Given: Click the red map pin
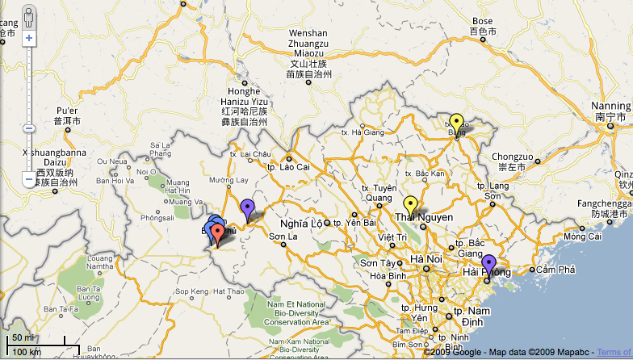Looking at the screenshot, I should pos(217,230).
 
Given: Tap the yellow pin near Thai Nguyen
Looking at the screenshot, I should pos(410,205).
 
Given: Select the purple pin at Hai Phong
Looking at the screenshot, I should pos(488,263).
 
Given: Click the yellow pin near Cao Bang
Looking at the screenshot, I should pos(456,123).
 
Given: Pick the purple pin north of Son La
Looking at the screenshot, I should pos(247,208).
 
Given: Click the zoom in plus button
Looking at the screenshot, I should pos(29,38).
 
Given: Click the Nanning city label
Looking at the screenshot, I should pos(610,107).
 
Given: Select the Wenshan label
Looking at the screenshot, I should pos(308,33).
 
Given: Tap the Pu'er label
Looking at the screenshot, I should pos(67,111).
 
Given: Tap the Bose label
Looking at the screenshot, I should pos(482,21).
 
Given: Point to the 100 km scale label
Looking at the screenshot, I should pos(27,352).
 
